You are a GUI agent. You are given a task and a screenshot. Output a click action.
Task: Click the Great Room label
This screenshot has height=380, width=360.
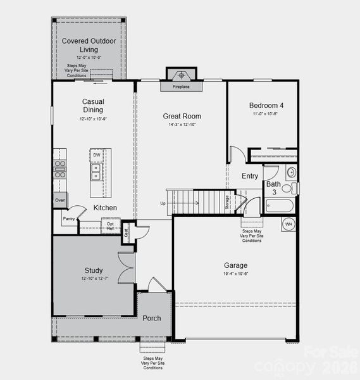[x=182, y=116]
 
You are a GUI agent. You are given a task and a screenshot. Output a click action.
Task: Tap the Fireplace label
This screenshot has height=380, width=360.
[x=182, y=87]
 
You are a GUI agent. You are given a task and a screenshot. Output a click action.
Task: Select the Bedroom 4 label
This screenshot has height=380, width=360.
[x=266, y=106]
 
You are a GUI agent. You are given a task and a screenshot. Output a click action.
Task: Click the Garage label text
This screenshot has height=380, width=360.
[x=235, y=265]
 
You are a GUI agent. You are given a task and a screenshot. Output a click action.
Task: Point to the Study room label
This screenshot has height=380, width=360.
[x=93, y=270]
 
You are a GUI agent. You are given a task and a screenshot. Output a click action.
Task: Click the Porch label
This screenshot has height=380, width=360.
[x=151, y=318]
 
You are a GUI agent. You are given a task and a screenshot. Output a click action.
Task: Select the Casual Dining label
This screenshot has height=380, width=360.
[x=93, y=106]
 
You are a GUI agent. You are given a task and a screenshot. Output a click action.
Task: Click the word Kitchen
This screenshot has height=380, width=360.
[x=105, y=208]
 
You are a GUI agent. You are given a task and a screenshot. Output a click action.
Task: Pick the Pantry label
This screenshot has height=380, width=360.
[x=69, y=218]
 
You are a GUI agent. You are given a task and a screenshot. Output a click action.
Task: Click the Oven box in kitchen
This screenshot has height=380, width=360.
[x=59, y=200]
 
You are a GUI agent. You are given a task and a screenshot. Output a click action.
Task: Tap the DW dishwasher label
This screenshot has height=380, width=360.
[x=97, y=155]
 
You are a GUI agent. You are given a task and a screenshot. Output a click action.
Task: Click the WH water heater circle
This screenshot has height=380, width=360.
[x=288, y=224]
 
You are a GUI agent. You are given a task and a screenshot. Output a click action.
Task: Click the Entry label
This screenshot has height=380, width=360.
[x=250, y=176]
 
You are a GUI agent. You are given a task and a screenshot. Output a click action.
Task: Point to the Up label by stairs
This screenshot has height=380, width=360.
[x=163, y=203]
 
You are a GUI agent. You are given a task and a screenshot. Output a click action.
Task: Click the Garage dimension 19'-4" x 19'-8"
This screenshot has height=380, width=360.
[x=235, y=274]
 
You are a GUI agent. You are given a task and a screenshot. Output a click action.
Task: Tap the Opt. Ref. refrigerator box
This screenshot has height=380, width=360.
[x=111, y=225]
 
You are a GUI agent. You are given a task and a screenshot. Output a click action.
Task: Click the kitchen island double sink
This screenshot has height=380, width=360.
[x=96, y=172]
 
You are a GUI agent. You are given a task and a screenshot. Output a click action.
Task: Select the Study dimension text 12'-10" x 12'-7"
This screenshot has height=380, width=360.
[x=93, y=279]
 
